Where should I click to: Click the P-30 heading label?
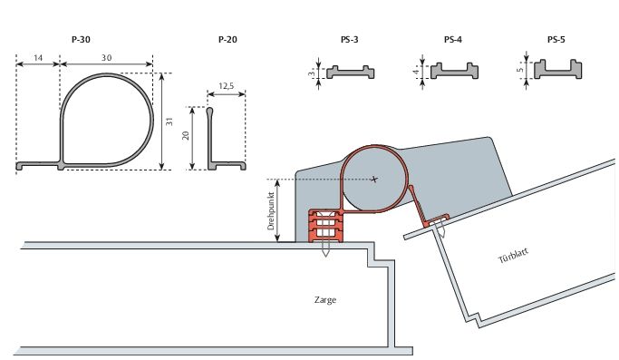coord(81,40)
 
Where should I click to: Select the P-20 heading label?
coord(227,40)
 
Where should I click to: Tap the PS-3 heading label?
coord(349,40)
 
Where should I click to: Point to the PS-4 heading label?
coord(453,40)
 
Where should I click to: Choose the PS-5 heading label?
coord(556,40)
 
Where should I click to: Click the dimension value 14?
coord(38,58)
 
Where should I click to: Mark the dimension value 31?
coord(169,122)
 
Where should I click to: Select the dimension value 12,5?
coord(227,86)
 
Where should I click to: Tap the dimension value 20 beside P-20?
coord(186,135)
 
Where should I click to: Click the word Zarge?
coord(325,300)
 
